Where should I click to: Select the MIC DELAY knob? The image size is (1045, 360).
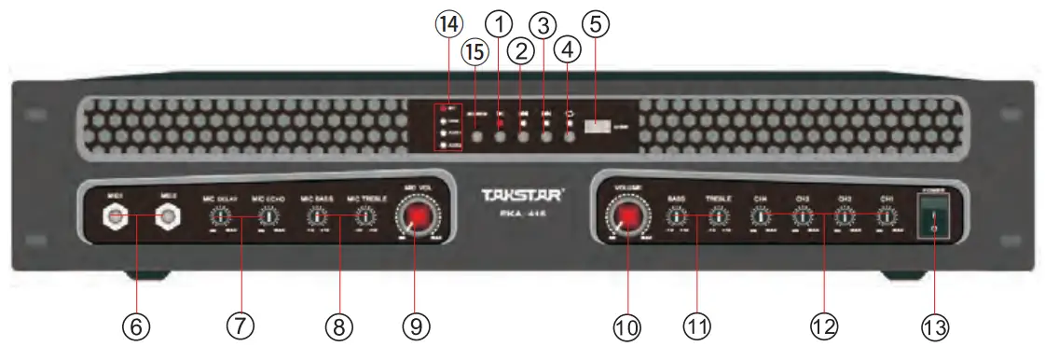218,216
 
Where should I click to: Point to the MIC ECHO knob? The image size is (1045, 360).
268,216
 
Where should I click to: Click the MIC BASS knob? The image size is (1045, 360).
317,216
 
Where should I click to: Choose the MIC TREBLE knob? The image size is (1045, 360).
365,216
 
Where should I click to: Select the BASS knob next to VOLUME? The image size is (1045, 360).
674,217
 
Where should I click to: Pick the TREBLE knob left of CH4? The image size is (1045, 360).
719,217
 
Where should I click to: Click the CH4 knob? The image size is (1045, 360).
761,217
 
